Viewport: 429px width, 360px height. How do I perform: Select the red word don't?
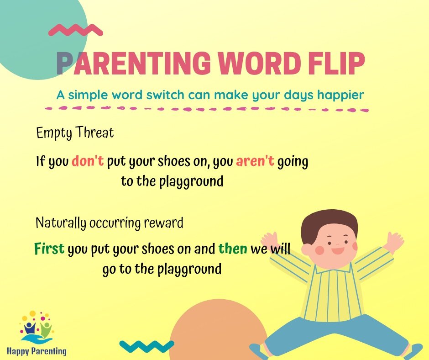88,161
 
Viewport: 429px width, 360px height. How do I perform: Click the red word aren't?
255,161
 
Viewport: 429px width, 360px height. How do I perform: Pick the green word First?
49,249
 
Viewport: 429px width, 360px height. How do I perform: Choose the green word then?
233,249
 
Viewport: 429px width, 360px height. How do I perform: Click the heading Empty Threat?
75,133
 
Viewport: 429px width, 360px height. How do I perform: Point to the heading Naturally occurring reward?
110,223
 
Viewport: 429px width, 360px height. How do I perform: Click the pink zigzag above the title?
75,30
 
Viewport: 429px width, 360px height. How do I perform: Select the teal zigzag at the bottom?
146,346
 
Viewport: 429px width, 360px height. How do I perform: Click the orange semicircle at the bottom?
218,332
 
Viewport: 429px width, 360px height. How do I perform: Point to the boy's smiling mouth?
338,251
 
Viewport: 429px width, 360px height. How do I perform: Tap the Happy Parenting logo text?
37,351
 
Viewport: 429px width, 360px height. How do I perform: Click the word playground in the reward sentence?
189,270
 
